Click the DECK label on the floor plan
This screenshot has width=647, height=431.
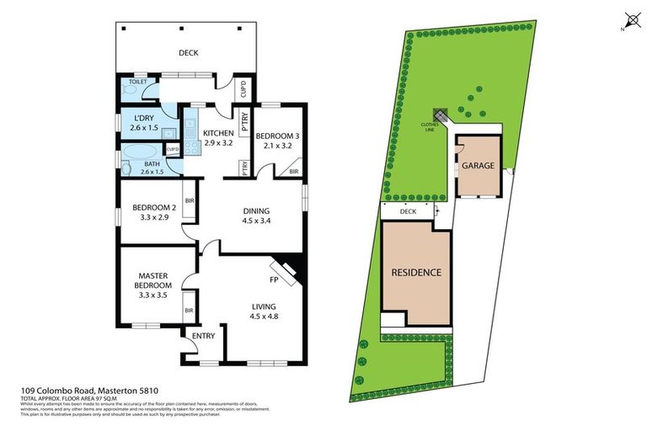pyautogui.click(x=188, y=53)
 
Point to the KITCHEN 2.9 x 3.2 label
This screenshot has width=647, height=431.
pyautogui.click(x=217, y=138)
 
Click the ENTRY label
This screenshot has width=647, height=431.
pyautogui.click(x=204, y=337)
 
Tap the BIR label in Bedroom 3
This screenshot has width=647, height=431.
pyautogui.click(x=293, y=171)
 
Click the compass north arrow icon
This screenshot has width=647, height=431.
pyautogui.click(x=630, y=20)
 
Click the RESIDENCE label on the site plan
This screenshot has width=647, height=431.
pyautogui.click(x=416, y=273)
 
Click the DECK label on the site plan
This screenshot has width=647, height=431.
pyautogui.click(x=409, y=211)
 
